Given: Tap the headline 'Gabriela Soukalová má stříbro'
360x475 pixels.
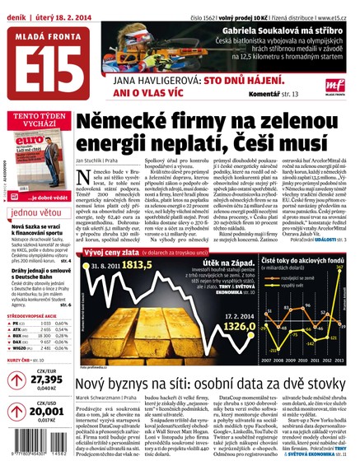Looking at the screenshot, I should point(278,30).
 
